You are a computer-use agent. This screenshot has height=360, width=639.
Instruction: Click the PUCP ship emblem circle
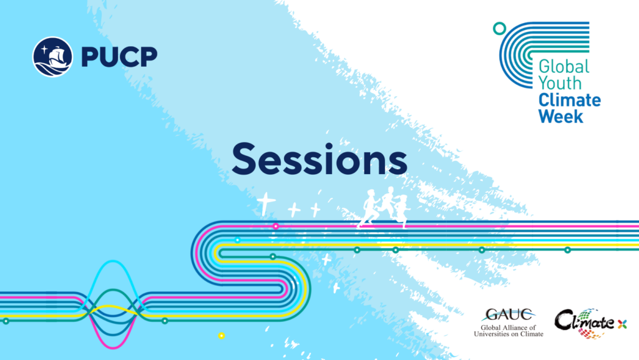[x=52, y=57]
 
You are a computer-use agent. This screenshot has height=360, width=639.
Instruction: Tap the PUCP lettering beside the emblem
[x=119, y=57]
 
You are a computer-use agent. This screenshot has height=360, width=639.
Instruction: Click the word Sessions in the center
[x=319, y=159]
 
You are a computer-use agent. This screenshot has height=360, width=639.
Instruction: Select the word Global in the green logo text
[x=564, y=66]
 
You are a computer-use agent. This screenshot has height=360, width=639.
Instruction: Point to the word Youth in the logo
[x=560, y=83]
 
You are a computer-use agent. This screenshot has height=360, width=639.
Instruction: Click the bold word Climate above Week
[x=570, y=100]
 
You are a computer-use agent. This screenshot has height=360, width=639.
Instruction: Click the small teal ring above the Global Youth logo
[x=499, y=29]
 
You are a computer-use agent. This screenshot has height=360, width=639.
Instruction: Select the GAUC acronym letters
[x=509, y=315]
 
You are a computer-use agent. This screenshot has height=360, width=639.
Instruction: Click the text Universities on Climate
[x=509, y=334]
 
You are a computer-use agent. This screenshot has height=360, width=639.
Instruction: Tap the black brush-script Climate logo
[x=585, y=323]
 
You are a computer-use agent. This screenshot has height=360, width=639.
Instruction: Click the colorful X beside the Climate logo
[x=622, y=324]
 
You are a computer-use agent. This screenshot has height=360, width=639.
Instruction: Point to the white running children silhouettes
[x=384, y=207]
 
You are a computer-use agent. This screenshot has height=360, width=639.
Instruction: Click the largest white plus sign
[x=266, y=203]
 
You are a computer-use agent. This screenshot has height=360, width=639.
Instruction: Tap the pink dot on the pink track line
[x=276, y=226]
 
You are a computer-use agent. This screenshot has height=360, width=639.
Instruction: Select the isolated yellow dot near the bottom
[x=222, y=336]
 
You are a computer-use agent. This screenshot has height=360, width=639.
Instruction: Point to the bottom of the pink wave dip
[x=112, y=347]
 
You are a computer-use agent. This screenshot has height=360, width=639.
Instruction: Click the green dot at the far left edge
[x=6, y=321]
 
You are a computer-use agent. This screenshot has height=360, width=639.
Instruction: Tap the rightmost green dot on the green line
[x=567, y=250]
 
